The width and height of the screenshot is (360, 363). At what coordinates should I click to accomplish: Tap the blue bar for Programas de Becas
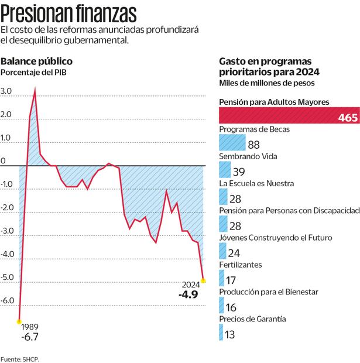click(231, 143)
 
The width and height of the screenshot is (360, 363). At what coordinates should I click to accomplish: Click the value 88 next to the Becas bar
click(253, 145)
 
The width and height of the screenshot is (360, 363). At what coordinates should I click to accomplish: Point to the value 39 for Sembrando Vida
click(239, 172)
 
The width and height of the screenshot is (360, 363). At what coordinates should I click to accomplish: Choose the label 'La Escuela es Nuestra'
click(256, 183)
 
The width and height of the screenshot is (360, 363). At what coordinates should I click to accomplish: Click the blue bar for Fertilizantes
click(222, 279)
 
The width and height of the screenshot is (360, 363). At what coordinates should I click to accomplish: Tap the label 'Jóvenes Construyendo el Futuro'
click(275, 238)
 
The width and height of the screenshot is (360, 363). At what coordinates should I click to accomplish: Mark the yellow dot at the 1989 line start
click(19, 321)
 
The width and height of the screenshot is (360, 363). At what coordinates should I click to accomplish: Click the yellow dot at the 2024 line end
click(203, 280)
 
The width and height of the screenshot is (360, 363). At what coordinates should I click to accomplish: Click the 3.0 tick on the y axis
click(6, 91)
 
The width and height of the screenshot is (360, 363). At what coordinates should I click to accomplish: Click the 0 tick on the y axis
click(3, 160)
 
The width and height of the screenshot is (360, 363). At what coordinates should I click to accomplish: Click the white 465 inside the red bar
click(348, 118)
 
